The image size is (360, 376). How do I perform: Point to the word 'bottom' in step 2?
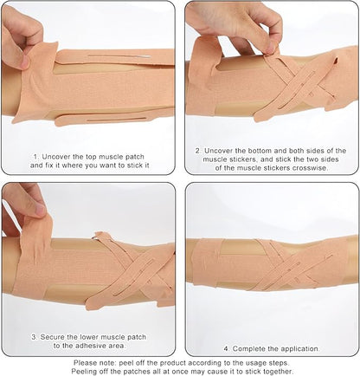256,150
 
